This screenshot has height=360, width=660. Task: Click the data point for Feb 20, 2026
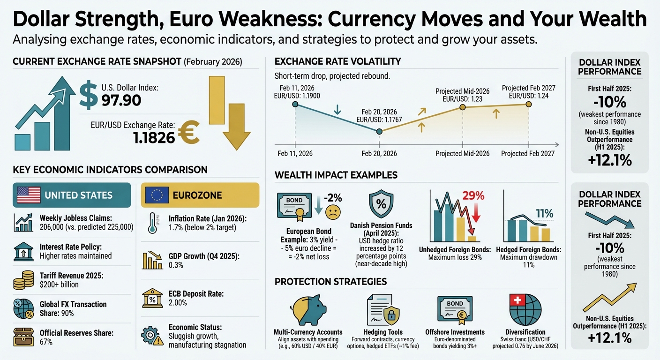379,132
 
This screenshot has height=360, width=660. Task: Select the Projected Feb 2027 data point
528,104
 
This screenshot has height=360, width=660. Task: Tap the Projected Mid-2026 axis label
462,154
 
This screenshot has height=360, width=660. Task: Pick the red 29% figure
473,195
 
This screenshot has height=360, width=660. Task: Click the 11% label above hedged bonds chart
544,213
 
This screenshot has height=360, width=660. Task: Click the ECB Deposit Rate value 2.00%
178,303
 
